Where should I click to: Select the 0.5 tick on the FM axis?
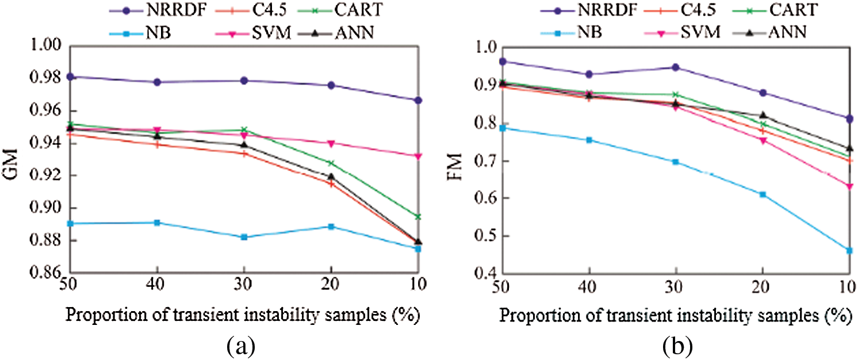[480, 236]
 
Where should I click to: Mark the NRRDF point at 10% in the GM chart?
[418, 100]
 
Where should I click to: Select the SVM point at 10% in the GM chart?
[418, 156]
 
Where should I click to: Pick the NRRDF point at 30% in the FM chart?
[676, 67]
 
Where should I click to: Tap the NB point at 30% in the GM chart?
[244, 237]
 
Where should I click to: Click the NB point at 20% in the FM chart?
[763, 194]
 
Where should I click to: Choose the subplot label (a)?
[238, 346]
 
